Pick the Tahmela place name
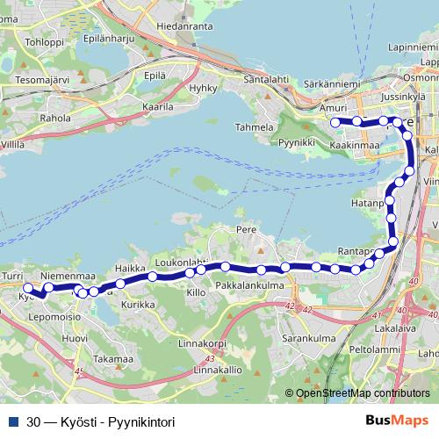[253, 126]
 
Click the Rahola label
[55, 117]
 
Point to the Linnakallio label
[217, 370]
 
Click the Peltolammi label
[374, 349]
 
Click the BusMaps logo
[397, 421]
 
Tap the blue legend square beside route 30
[14, 421]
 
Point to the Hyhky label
[203, 90]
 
